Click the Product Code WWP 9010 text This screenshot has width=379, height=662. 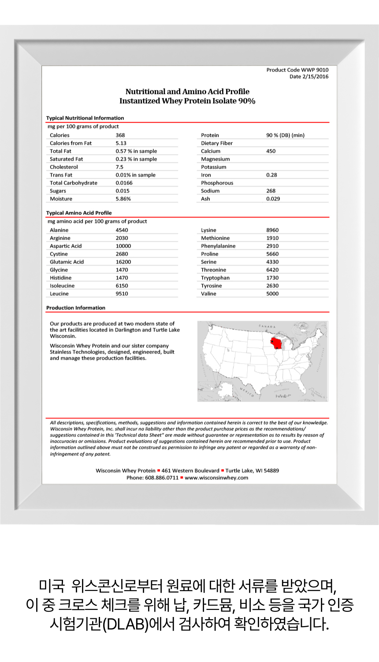pos(297,70)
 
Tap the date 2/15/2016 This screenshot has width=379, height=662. pos(315,76)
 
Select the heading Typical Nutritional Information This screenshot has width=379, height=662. pos(85,118)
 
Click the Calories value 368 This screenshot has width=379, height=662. pos(120,135)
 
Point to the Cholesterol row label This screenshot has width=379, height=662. pos(64,167)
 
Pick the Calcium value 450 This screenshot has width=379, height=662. pos(271,151)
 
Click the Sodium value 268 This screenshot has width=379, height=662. pos(271,191)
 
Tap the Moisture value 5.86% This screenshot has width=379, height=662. pos(123,199)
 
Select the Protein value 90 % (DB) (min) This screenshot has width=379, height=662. pos(285,135)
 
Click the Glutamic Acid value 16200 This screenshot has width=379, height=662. pos(123,262)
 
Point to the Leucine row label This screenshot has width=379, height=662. pos(59,293)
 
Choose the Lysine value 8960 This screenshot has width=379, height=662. pos(272,230)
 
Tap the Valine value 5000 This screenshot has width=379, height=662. pos(272,293)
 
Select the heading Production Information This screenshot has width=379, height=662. pos(76,308)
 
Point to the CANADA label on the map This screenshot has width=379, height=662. pos(267,327)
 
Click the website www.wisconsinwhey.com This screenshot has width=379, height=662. pos(216,478)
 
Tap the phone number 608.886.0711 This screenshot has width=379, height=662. pos(162,478)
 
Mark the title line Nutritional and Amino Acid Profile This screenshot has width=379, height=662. pos(187,91)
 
